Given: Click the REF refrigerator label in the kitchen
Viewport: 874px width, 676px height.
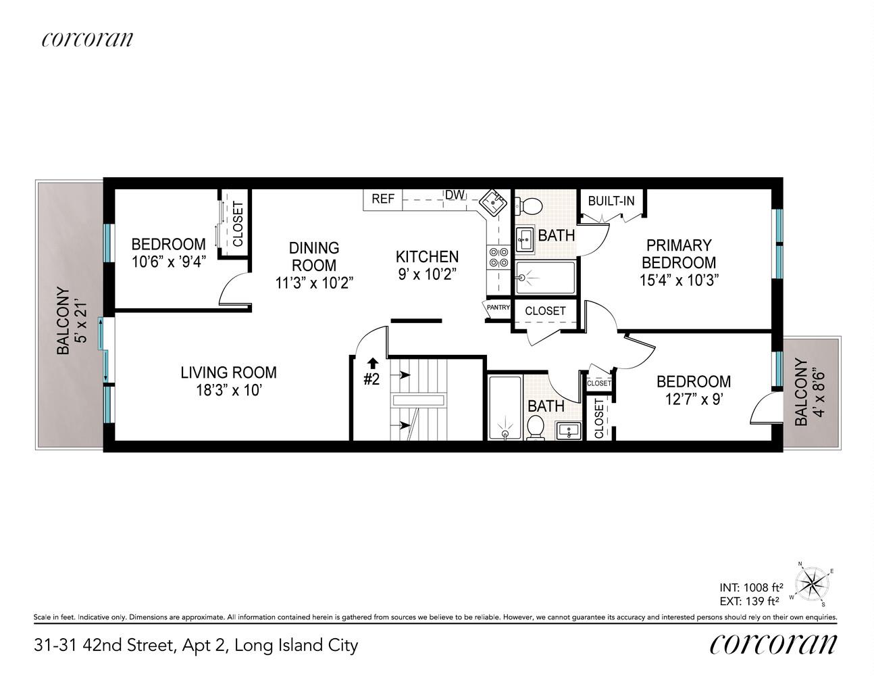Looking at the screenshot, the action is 383,199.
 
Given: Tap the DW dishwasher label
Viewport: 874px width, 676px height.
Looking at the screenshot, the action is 455,195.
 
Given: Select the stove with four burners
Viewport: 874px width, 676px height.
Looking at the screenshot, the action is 498,258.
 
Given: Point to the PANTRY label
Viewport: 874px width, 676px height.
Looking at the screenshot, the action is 498,308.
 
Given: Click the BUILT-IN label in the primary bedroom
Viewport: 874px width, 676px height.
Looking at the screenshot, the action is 611,201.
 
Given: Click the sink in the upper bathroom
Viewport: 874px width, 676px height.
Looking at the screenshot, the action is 525,240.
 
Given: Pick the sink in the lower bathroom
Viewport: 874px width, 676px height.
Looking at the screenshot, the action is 569,431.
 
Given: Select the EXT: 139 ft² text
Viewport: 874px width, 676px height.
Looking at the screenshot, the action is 749,601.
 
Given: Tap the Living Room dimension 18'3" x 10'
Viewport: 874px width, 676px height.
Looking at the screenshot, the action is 229,390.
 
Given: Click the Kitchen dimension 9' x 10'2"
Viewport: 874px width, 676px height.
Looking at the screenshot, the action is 428,274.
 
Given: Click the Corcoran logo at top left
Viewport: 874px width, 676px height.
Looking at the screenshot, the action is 87,39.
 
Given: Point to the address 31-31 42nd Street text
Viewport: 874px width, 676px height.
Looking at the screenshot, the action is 104,645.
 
